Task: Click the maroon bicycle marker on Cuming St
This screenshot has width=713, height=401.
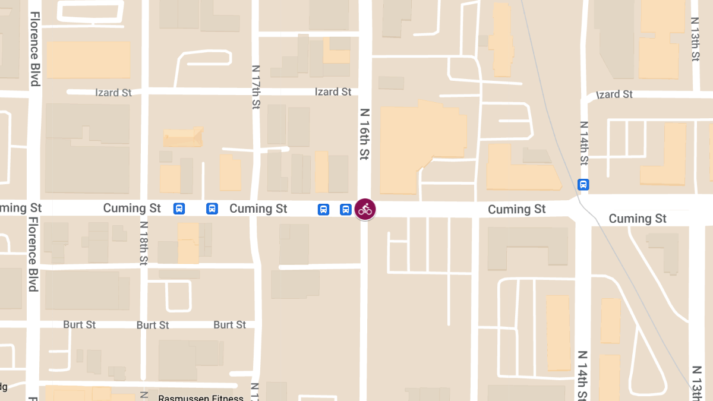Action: click(365, 209)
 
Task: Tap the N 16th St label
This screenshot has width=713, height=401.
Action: click(364, 134)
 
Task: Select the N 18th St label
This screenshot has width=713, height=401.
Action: click(143, 244)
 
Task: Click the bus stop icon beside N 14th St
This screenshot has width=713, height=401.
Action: click(583, 185)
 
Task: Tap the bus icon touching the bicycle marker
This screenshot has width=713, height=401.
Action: click(346, 209)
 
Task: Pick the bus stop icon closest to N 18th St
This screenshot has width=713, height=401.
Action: click(179, 209)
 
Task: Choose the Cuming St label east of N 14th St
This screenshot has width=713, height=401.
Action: click(638, 219)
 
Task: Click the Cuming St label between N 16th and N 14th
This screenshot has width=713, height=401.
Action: click(516, 209)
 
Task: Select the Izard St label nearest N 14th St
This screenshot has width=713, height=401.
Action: click(614, 94)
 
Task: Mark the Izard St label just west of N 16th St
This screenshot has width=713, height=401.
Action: click(333, 92)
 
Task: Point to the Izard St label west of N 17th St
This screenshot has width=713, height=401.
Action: click(113, 93)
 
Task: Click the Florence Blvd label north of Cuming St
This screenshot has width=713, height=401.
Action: click(35, 49)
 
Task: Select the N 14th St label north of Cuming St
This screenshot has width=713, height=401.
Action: click(583, 143)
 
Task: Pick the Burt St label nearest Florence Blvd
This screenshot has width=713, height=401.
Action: click(80, 325)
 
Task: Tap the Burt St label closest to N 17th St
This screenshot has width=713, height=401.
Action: click(229, 325)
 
